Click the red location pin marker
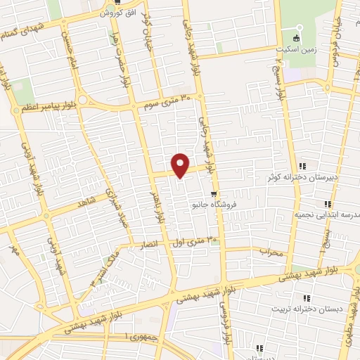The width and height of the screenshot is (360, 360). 181,165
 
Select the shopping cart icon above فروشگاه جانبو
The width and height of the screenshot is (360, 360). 213,195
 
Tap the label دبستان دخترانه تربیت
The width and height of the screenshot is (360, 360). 309,308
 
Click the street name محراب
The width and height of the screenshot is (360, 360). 271,250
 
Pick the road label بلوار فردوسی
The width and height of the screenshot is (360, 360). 225,320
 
